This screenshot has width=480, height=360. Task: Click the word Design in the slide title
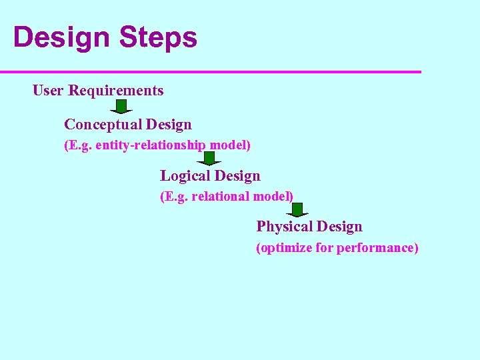(61, 37)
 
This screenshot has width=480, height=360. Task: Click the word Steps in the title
(158, 37)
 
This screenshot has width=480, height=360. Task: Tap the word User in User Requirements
(48, 91)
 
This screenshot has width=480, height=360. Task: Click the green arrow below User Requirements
(121, 107)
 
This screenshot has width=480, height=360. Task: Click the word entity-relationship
(150, 145)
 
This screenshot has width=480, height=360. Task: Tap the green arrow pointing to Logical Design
(210, 159)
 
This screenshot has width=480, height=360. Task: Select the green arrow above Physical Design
(297, 210)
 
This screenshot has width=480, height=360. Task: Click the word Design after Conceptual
(169, 125)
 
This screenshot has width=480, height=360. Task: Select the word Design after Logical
(238, 176)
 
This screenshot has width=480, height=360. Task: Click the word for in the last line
(325, 248)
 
